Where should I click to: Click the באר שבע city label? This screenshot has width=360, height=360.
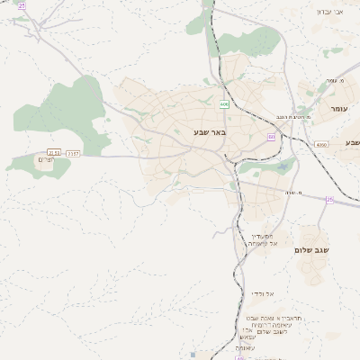209,132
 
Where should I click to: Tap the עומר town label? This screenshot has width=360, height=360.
338,108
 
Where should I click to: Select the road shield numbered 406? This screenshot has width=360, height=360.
224,104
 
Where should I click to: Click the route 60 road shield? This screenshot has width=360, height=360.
271,137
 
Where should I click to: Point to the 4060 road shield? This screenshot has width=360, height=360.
321,144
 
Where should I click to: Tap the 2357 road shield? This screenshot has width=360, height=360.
73,154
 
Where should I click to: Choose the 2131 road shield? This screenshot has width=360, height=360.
54,154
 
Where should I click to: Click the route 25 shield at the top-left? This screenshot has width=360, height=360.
22,5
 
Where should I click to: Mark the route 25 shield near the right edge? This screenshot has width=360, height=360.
329,200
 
